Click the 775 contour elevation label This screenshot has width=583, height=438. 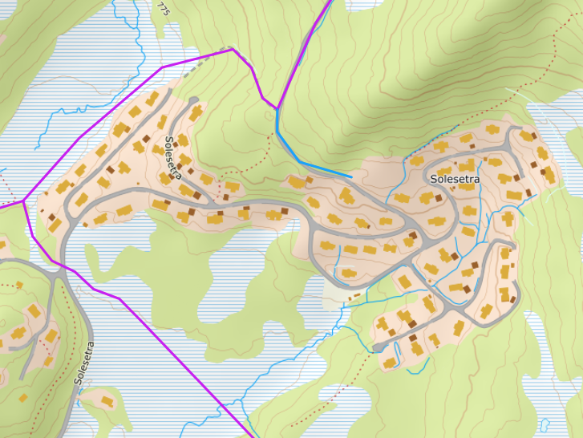(x=164, y=9)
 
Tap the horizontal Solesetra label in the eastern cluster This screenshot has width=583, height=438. (x=455, y=179)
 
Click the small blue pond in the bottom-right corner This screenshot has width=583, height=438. (x=545, y=424)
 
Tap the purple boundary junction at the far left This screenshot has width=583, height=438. (x=25, y=200)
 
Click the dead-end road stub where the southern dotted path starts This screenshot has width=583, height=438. (x=377, y=348)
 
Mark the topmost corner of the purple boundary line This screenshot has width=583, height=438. (x=233, y=49)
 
